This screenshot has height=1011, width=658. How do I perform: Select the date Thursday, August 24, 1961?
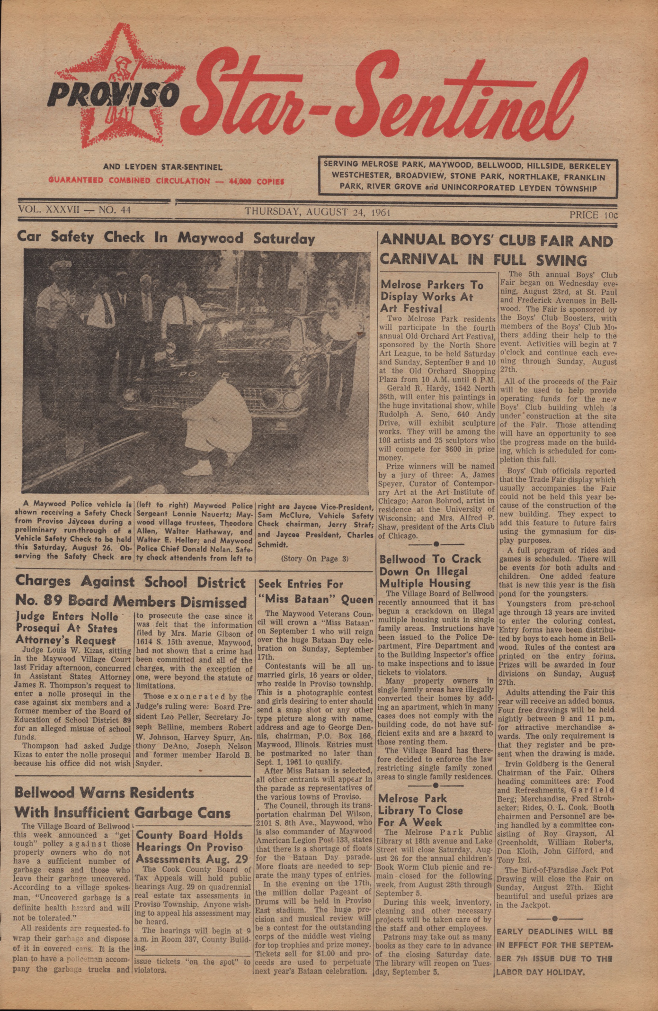click(x=317, y=212)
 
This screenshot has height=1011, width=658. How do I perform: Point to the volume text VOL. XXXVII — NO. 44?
click(x=74, y=209)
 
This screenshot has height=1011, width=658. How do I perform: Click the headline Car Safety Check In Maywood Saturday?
click(x=166, y=237)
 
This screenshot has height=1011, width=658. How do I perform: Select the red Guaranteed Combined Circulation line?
click(x=166, y=181)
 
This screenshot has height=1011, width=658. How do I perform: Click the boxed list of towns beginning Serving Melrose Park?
click(x=467, y=177)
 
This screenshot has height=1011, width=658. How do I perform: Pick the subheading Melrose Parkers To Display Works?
click(x=432, y=297)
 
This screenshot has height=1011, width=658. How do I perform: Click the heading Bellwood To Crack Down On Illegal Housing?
click(x=430, y=571)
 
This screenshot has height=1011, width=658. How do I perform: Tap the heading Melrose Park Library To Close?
click(x=420, y=810)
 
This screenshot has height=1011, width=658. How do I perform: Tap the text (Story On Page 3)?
click(x=315, y=559)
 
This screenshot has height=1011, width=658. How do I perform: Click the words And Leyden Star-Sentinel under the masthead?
click(x=162, y=167)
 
